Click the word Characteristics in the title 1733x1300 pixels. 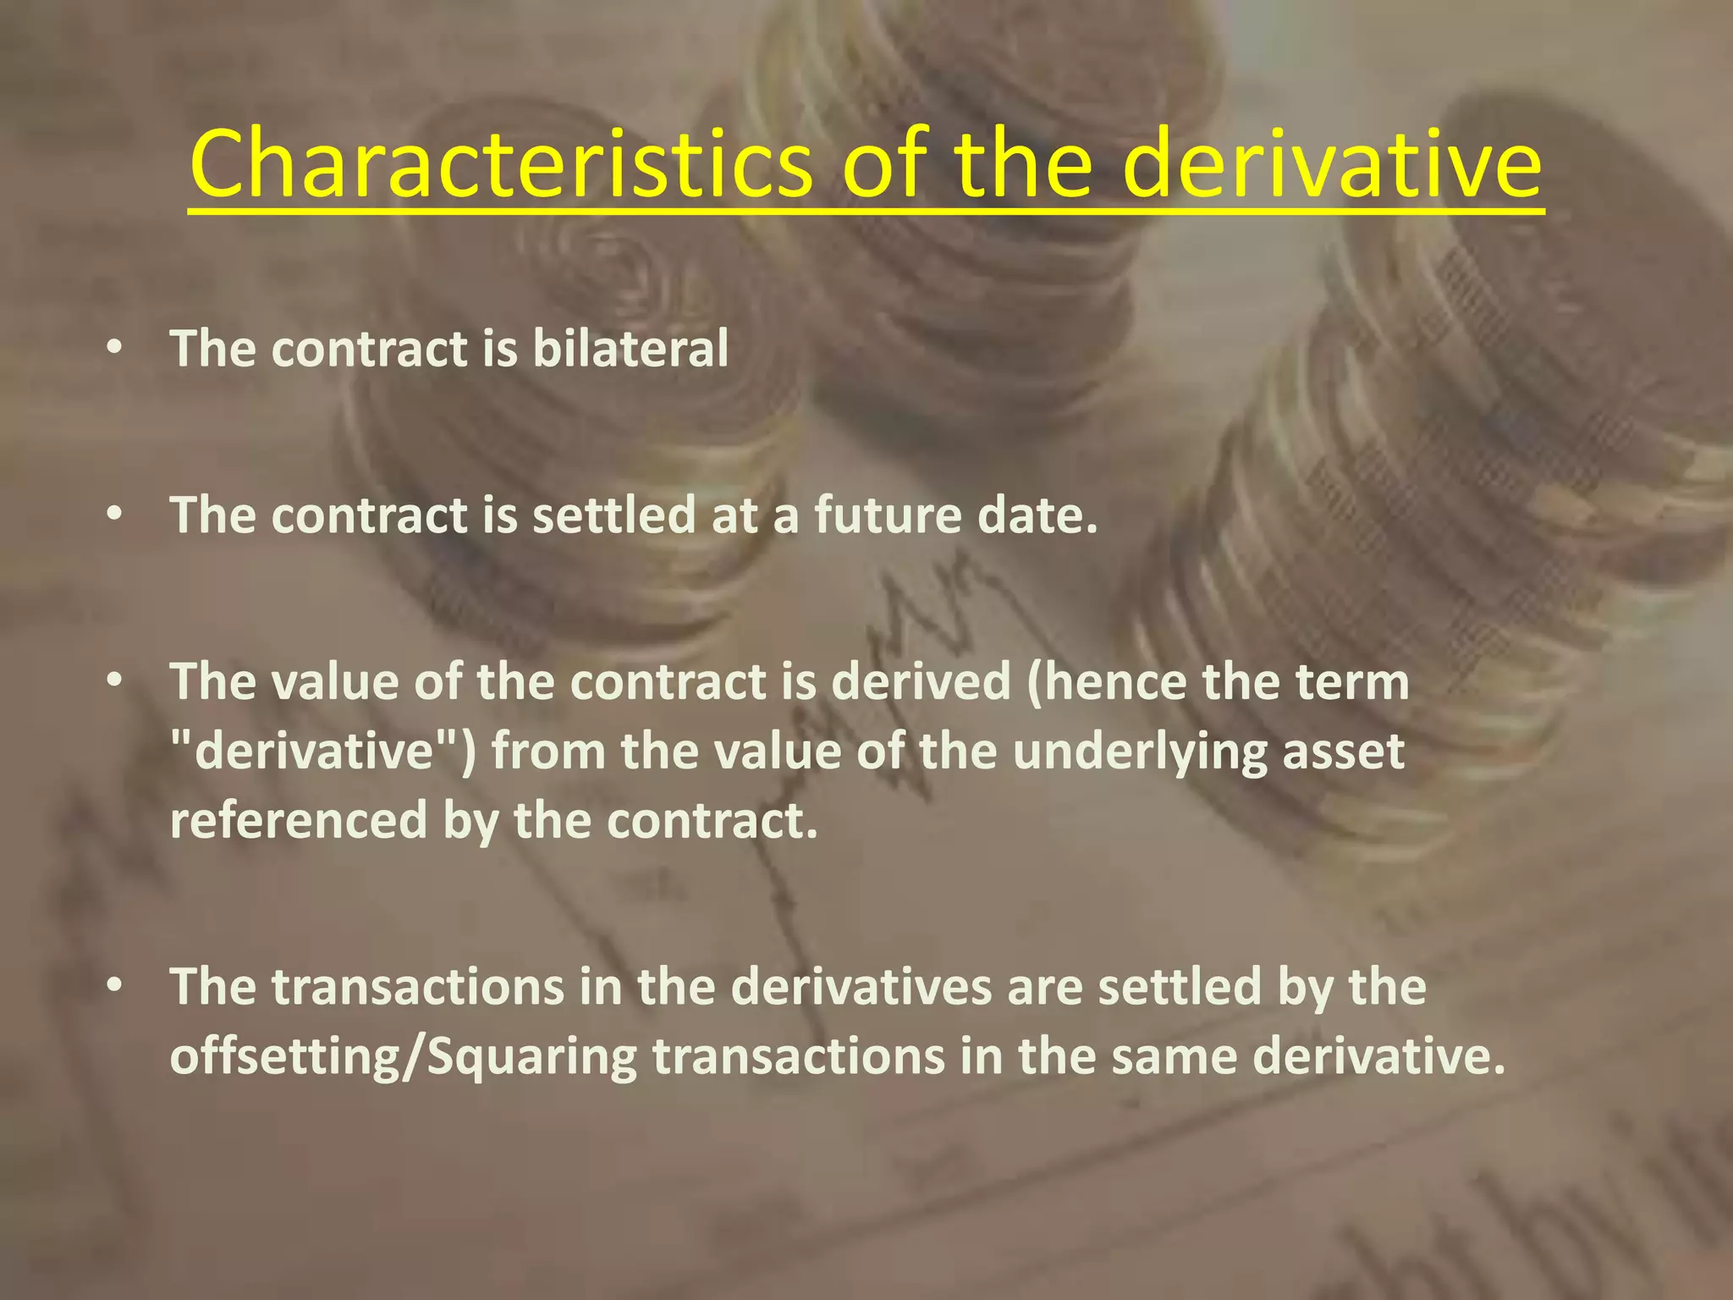[x=501, y=162]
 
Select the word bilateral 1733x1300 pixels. [x=630, y=348]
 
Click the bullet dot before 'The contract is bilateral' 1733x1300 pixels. [x=116, y=349]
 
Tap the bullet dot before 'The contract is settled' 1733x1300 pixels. [x=116, y=515]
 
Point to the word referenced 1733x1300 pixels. [x=299, y=821]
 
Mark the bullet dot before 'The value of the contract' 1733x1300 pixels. [x=116, y=682]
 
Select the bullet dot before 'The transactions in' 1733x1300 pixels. [x=116, y=988]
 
